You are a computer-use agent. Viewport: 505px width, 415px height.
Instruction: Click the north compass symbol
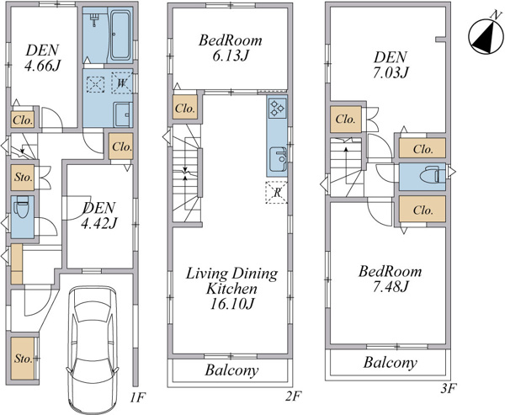pos(486,35)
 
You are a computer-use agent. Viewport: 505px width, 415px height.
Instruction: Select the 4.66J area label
pos(43,66)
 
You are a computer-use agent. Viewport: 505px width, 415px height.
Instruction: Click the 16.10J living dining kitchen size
pos(231,304)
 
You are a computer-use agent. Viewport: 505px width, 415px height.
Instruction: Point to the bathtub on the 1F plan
pos(120,35)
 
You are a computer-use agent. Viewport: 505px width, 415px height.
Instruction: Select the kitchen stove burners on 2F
pos(277,108)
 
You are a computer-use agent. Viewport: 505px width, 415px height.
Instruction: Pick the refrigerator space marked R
pos(276,193)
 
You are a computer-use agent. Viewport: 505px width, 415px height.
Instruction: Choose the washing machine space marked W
pos(122,83)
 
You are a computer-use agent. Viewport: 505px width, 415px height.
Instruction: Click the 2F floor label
pos(293,396)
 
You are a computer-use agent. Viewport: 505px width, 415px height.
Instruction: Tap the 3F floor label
pos(449,388)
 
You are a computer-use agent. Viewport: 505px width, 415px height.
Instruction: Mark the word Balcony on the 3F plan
pos(391,363)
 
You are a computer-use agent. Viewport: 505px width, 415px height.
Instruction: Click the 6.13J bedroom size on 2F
pos(230,56)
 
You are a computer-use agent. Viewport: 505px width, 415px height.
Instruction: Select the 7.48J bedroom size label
pos(391,286)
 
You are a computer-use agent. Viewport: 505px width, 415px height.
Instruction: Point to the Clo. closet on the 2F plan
pos(185,109)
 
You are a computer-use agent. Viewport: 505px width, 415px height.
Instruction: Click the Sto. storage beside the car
pos(24,359)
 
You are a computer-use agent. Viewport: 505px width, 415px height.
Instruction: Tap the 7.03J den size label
pos(391,72)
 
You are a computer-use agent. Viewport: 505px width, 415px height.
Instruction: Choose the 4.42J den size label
pos(98,223)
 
